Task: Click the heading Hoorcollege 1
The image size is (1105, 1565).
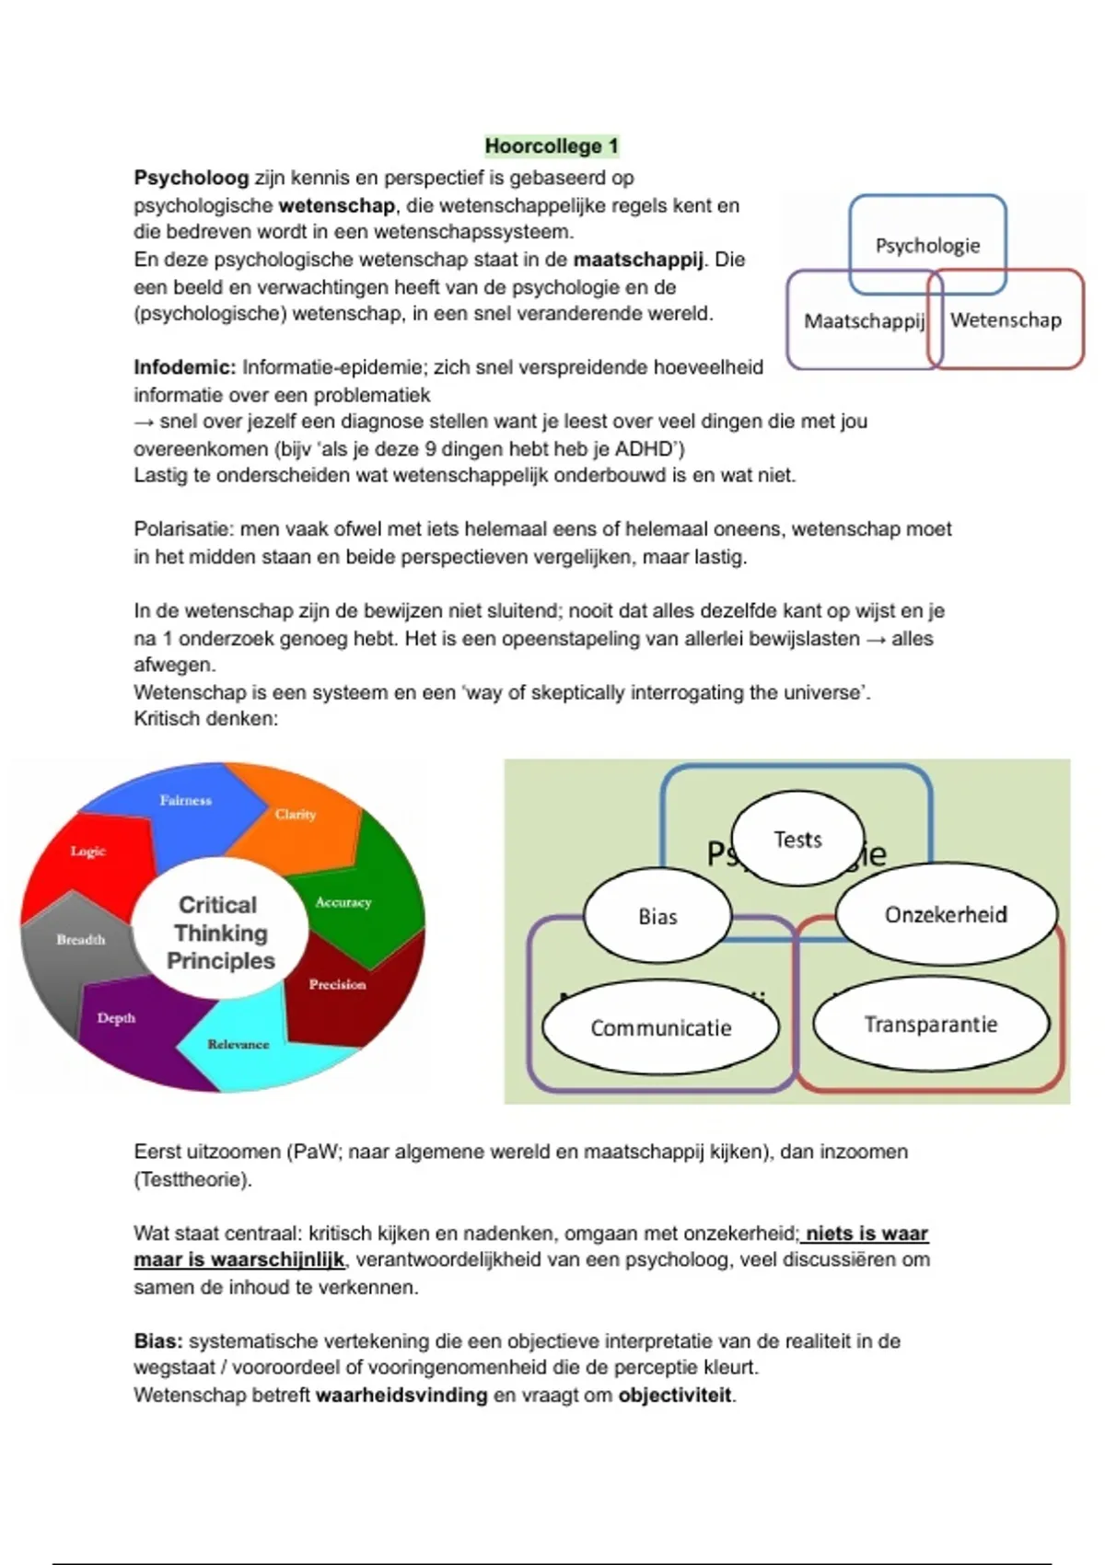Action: (x=552, y=145)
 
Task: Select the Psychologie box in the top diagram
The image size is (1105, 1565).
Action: (x=927, y=245)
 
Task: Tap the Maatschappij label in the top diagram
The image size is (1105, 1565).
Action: (x=863, y=321)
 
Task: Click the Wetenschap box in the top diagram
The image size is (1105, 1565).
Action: (x=1006, y=319)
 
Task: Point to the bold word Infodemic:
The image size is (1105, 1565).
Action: (x=185, y=367)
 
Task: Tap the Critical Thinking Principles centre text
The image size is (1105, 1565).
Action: (x=219, y=933)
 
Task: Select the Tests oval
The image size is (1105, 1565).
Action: (x=797, y=840)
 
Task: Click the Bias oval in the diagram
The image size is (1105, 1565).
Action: (x=657, y=917)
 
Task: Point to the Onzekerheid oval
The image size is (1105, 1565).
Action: (x=946, y=915)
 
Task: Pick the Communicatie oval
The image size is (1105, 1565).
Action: (x=660, y=1028)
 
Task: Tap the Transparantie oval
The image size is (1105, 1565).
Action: (x=930, y=1025)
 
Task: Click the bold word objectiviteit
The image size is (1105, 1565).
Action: (x=675, y=1395)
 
